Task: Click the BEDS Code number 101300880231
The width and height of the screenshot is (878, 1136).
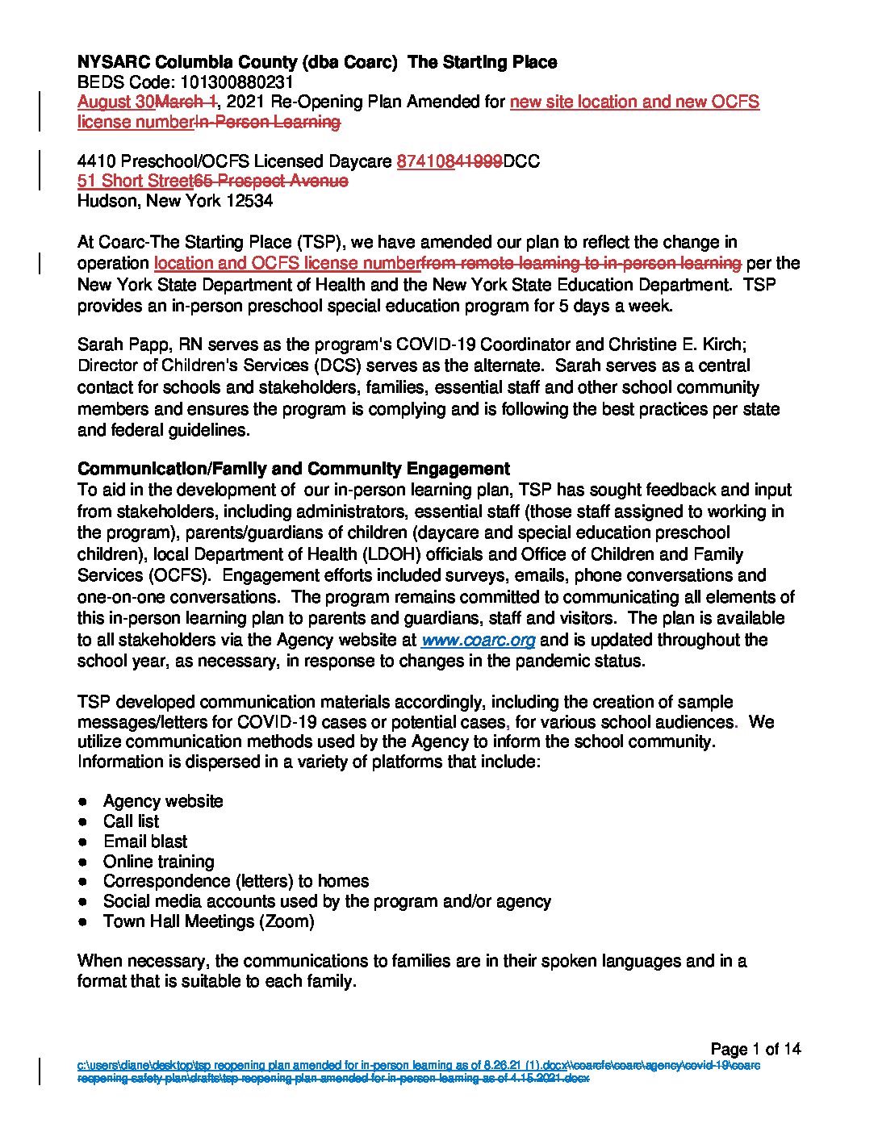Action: pyautogui.click(x=236, y=82)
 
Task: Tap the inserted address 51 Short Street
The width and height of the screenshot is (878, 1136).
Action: pyautogui.click(x=135, y=181)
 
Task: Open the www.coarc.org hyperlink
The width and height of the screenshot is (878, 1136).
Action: pyautogui.click(x=478, y=640)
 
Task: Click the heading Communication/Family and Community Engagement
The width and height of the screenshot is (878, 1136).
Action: pyautogui.click(x=293, y=469)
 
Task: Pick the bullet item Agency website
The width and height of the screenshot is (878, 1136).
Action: pyautogui.click(x=163, y=801)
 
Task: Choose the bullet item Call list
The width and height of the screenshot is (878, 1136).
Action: pyautogui.click(x=131, y=821)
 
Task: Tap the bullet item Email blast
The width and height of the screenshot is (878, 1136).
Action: pyautogui.click(x=145, y=842)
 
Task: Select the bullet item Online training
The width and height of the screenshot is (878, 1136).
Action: pyautogui.click(x=158, y=862)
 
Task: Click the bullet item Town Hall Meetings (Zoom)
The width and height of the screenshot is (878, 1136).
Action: pyautogui.click(x=208, y=921)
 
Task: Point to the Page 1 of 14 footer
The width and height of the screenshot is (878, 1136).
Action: pyautogui.click(x=755, y=1049)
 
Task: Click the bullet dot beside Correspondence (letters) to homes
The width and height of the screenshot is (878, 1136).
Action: pyautogui.click(x=83, y=882)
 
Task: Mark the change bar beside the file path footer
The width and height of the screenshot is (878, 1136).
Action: pyautogui.click(x=40, y=1071)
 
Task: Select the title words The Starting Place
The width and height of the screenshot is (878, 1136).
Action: pyautogui.click(x=483, y=62)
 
